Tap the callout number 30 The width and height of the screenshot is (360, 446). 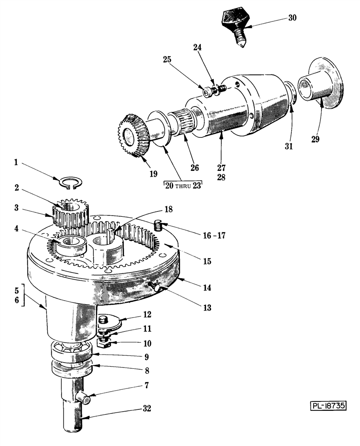click(292, 18)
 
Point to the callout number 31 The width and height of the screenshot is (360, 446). click(288, 145)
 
